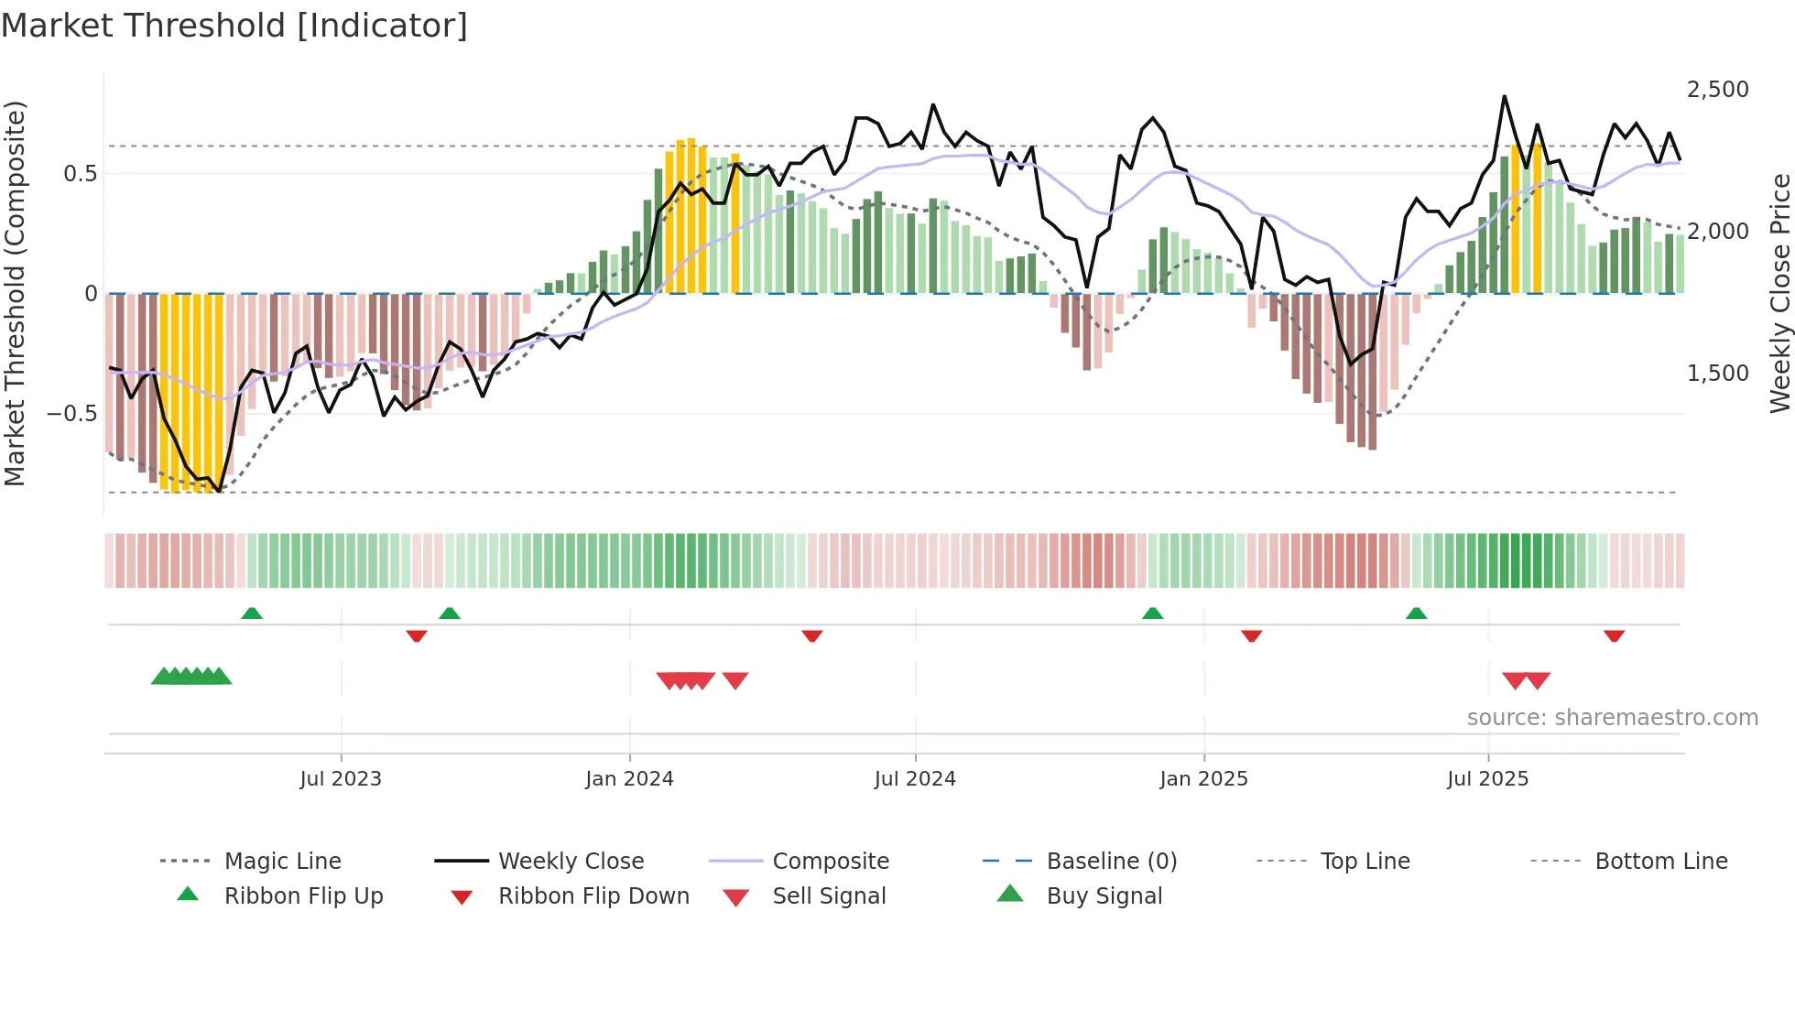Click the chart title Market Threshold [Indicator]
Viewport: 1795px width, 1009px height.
tap(234, 26)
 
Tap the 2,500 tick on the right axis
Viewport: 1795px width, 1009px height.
tap(1717, 90)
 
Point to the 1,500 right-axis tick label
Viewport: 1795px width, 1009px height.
tap(1717, 374)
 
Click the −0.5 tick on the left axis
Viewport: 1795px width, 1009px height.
tap(71, 414)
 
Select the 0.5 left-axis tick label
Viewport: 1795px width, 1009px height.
tap(80, 174)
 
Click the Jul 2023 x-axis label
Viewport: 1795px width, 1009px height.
tap(340, 779)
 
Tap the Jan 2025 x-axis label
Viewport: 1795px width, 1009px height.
tap(1202, 779)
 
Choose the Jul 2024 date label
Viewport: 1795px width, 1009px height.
tap(914, 779)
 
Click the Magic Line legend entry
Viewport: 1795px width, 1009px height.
tap(282, 862)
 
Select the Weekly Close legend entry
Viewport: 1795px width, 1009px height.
tap(571, 862)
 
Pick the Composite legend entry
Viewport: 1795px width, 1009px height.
tap(830, 862)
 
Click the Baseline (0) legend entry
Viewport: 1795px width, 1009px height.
tap(1111, 862)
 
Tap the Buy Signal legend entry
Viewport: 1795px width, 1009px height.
tap(1104, 896)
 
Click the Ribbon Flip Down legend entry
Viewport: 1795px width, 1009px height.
tap(593, 896)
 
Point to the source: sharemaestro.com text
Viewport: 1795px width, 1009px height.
tap(1612, 718)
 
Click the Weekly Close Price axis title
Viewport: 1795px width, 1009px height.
tap(1779, 293)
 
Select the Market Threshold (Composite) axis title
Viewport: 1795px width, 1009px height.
tap(15, 293)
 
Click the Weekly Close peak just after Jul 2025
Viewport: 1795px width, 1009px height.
tap(1504, 96)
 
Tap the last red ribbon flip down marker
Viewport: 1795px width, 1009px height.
tap(1614, 635)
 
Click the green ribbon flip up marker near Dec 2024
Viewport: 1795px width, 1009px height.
tap(1152, 613)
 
